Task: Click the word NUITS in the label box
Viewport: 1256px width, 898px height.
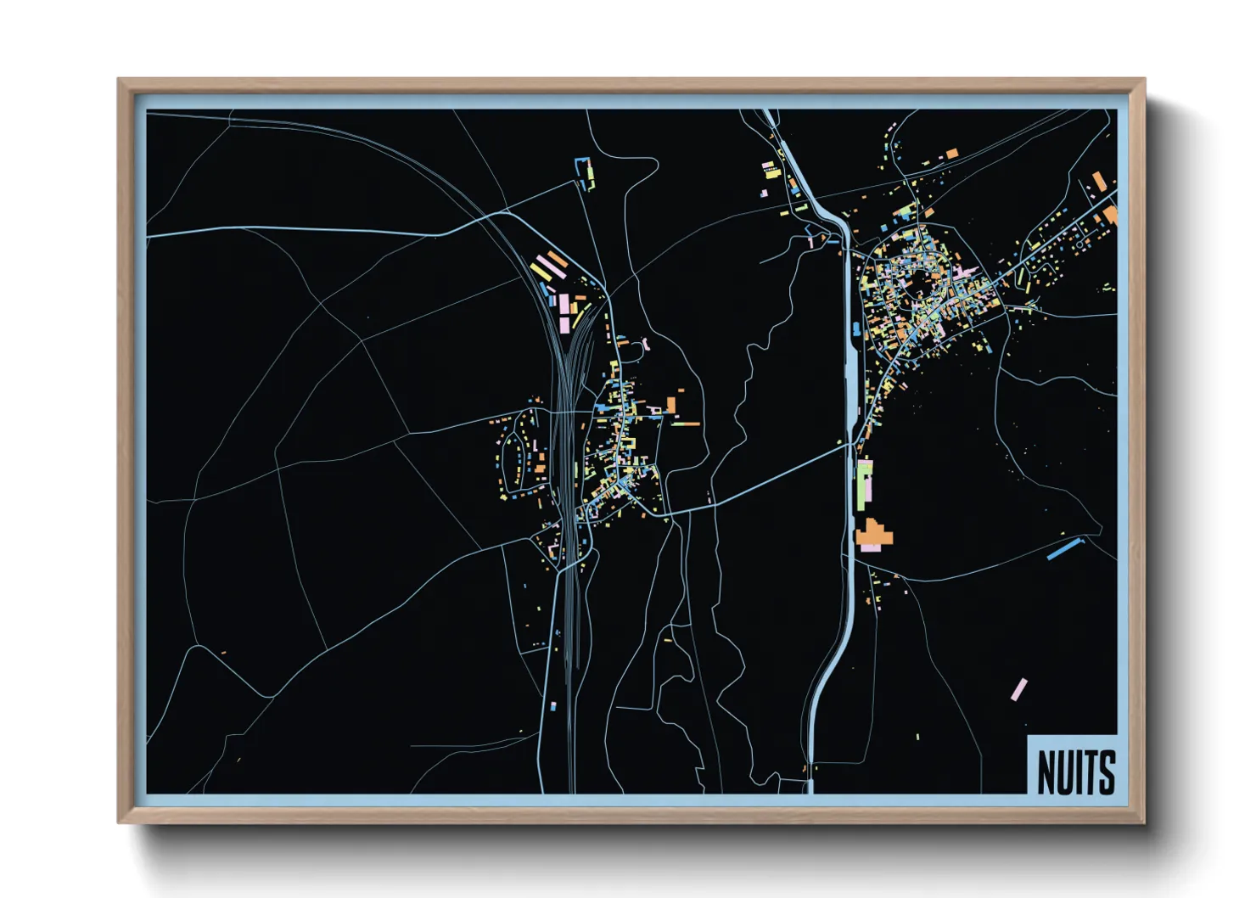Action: [x=1075, y=772]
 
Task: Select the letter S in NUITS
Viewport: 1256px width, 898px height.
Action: [x=1107, y=772]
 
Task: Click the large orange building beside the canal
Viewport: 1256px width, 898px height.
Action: [x=874, y=535]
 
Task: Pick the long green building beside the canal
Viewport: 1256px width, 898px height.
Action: [x=864, y=484]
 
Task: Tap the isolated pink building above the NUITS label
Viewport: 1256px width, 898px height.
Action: [x=1018, y=688]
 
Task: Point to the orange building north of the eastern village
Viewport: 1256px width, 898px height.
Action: [x=952, y=154]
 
